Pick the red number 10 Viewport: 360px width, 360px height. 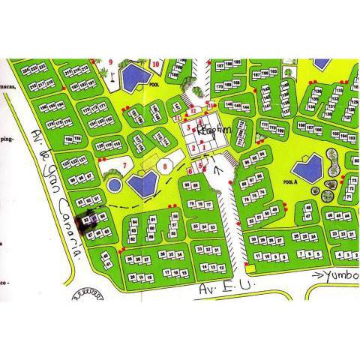(155, 64)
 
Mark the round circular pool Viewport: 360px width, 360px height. (114, 184)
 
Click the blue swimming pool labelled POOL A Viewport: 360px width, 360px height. (307, 167)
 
